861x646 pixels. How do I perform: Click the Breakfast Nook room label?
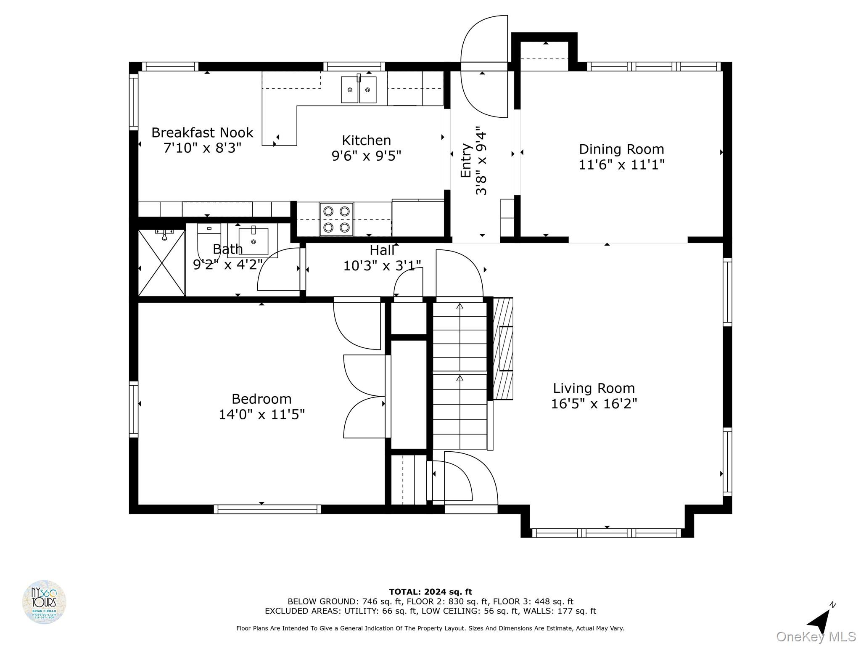pos(202,133)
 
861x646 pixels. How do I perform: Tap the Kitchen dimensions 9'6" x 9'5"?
pos(366,156)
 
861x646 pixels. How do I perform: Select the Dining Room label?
pos(621,149)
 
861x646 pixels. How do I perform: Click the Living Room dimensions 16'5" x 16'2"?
pos(594,404)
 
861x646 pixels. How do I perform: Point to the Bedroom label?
pos(261,399)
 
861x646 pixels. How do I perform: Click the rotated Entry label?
pos(466,161)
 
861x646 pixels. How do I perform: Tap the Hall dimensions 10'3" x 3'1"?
pos(382,266)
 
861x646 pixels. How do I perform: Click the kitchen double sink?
pos(358,89)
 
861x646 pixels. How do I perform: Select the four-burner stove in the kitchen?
pos(336,219)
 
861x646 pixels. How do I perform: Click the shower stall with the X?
pos(162,263)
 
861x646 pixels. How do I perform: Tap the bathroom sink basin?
pos(254,241)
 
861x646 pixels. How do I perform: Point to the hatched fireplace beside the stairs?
pos(503,348)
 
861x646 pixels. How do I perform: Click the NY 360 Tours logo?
pos(44,602)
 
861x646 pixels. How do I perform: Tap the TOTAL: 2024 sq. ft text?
pos(430,592)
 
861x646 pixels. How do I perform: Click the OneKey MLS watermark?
pos(816,636)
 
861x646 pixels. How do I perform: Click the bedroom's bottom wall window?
pos(267,509)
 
